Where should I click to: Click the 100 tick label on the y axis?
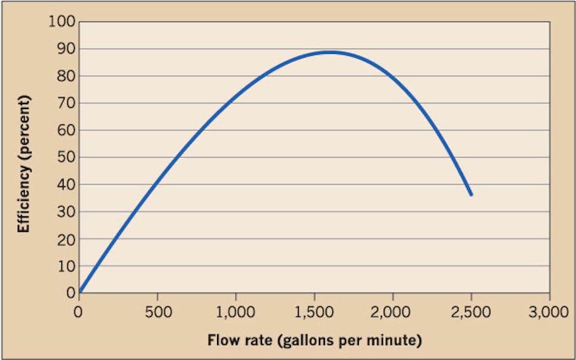click(x=60, y=22)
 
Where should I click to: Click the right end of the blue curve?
click(x=471, y=195)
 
